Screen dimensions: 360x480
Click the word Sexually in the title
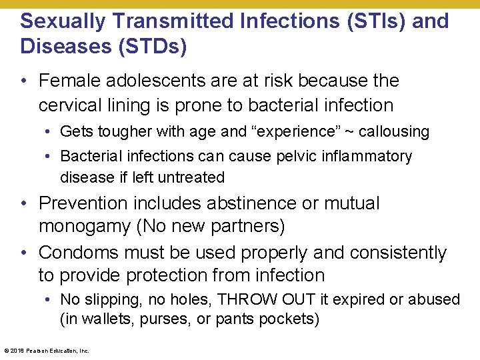(x=59, y=21)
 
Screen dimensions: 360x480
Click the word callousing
(x=394, y=131)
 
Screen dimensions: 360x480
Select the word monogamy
(x=85, y=227)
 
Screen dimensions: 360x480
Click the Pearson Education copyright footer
(x=47, y=350)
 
